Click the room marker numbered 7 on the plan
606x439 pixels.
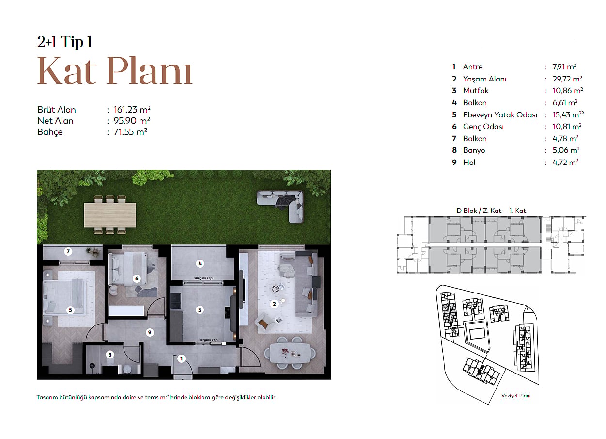[x=68, y=251]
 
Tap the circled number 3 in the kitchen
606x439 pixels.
[x=200, y=310]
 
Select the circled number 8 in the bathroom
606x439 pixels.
[x=110, y=355]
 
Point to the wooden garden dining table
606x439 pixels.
[x=110, y=215]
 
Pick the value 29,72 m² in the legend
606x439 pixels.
[x=567, y=79]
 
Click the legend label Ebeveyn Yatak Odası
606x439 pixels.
[x=500, y=115]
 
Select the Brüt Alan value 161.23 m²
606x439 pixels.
[x=132, y=110]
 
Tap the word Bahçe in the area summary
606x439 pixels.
[x=50, y=132]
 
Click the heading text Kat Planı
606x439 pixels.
[x=115, y=71]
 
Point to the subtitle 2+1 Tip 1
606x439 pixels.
[x=64, y=42]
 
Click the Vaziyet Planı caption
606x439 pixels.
[x=516, y=396]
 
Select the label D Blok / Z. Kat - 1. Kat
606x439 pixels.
[x=491, y=211]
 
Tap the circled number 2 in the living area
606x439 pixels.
[x=274, y=304]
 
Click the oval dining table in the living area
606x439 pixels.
[x=290, y=353]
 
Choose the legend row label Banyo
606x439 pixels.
[x=474, y=150]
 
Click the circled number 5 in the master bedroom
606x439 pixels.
[x=70, y=310]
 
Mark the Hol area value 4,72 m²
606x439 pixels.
[x=565, y=163]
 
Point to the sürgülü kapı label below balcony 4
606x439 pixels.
[x=204, y=278]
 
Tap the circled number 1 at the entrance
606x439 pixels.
[x=181, y=359]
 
